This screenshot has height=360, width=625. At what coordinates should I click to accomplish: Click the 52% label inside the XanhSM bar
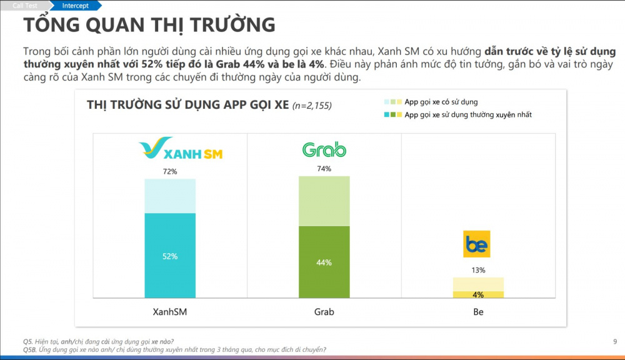click(x=170, y=256)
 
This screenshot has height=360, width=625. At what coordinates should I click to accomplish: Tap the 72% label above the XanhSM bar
click(x=170, y=171)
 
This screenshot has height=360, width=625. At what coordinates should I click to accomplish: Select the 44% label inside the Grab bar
click(x=324, y=262)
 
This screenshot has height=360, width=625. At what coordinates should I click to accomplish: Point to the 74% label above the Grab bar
click(x=324, y=169)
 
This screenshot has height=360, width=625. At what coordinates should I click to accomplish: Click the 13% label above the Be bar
click(x=478, y=270)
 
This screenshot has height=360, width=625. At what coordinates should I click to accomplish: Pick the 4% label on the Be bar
click(x=478, y=294)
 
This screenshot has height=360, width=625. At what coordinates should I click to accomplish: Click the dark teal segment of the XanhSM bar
click(x=170, y=275)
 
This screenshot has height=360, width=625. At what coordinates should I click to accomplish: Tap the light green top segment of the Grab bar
click(x=324, y=200)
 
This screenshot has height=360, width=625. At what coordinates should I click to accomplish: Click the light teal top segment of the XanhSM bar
click(x=170, y=196)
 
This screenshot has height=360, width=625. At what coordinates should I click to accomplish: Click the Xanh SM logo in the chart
click(x=181, y=149)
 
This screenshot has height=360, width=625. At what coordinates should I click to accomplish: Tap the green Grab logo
click(x=324, y=149)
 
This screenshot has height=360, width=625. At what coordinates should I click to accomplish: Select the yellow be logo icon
click(x=477, y=244)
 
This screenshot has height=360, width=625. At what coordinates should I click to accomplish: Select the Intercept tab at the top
click(x=75, y=6)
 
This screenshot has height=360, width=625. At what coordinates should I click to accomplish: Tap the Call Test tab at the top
click(x=24, y=6)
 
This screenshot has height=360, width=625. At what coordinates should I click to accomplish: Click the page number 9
click(x=615, y=341)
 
